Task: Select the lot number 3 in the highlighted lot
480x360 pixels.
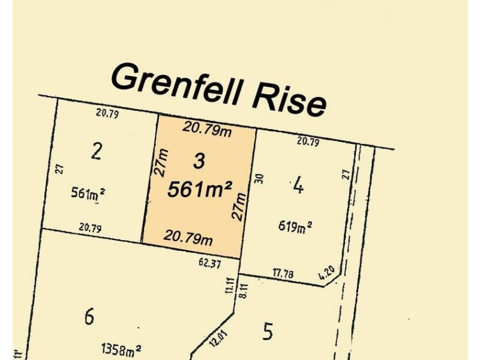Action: tap(199, 160)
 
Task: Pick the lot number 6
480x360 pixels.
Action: tap(89, 316)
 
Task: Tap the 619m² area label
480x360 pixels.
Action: tap(295, 226)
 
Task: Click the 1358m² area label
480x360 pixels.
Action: tap(121, 349)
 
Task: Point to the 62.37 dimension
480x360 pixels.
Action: tap(209, 262)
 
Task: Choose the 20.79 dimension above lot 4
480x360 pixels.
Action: tap(307, 142)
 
